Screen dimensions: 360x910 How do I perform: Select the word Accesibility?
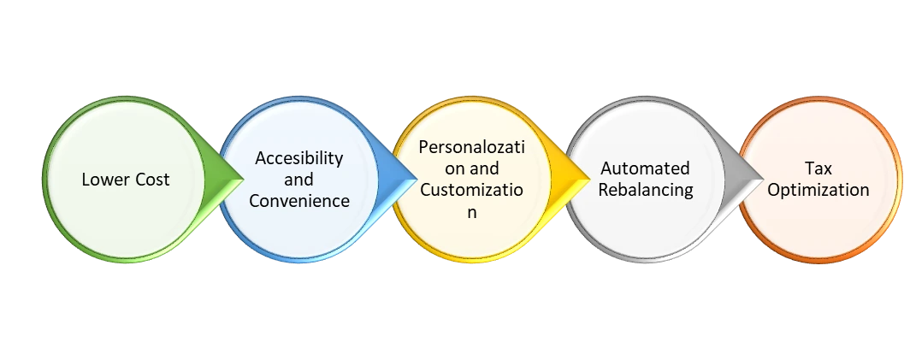(299, 158)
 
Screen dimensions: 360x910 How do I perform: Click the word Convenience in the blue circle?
(299, 202)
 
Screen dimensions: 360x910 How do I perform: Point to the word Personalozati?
(472, 146)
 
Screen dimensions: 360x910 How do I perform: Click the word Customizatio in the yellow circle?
(472, 191)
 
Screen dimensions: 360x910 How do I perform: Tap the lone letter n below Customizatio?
(471, 213)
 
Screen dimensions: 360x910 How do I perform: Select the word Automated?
(645, 168)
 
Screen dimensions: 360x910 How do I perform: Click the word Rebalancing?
(645, 190)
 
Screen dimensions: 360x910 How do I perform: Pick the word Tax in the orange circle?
(818, 168)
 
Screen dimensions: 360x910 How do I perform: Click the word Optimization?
(818, 190)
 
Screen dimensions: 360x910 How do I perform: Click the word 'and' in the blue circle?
(299, 180)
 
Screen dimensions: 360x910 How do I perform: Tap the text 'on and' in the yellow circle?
(472, 168)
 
